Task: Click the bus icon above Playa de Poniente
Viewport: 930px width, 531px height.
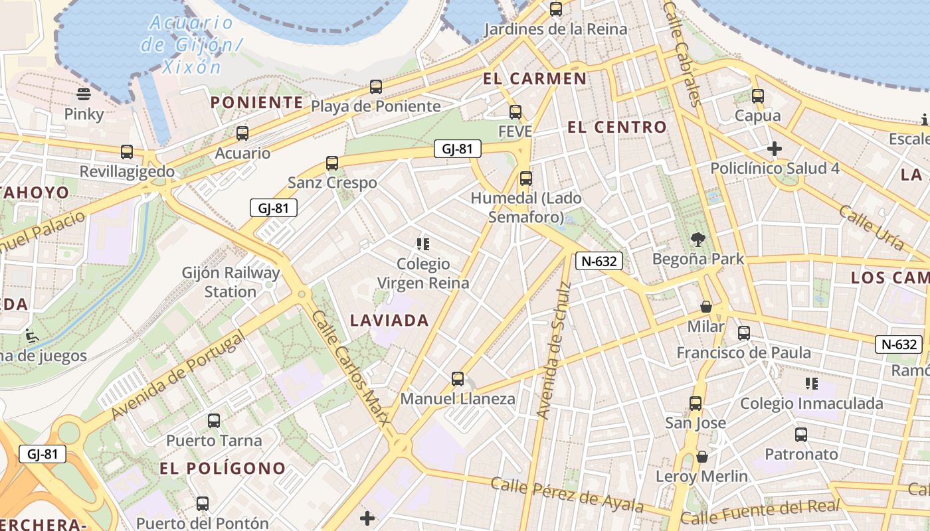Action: (x=376, y=87)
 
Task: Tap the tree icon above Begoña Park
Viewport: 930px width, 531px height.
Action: (x=697, y=239)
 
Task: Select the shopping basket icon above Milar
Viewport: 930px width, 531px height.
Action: (x=706, y=307)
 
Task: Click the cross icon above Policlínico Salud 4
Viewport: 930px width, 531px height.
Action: (x=775, y=148)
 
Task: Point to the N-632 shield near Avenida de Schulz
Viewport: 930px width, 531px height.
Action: (x=599, y=261)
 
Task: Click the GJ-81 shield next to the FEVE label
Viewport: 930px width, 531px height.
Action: (x=457, y=149)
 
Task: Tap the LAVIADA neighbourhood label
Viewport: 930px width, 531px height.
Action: (x=389, y=321)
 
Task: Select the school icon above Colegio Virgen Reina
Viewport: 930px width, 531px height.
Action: (x=423, y=244)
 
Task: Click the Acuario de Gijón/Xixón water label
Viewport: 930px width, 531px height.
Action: (x=191, y=45)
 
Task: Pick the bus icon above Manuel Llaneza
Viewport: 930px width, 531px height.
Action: (x=458, y=379)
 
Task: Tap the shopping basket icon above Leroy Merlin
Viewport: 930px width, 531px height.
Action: (x=702, y=457)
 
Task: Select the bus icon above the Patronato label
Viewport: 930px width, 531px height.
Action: (x=801, y=435)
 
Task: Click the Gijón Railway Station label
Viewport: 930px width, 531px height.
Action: (x=231, y=282)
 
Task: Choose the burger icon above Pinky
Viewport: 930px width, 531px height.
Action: (x=84, y=94)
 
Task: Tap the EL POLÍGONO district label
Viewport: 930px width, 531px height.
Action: (x=223, y=469)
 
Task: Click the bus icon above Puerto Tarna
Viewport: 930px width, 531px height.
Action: (x=213, y=421)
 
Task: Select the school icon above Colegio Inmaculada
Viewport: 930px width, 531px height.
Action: (x=811, y=384)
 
